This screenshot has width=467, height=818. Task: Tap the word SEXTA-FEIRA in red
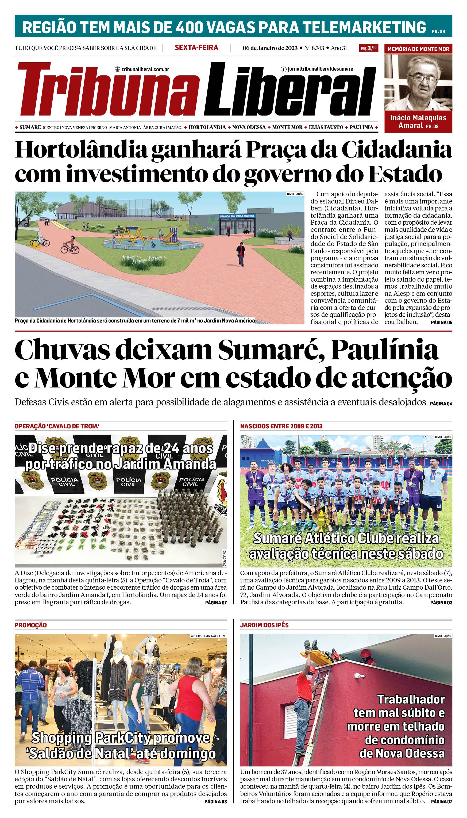pos(196,48)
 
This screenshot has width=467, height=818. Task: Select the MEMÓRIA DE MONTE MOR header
pos(418,49)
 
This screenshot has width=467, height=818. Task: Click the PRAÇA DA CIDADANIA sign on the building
pos(237,216)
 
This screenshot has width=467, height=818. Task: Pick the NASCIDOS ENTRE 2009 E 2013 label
pos(281,426)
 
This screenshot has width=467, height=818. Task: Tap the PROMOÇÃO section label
pos(31,625)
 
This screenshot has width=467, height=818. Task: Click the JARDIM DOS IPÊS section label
pos(264,625)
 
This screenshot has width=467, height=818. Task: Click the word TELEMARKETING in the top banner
pos(364,27)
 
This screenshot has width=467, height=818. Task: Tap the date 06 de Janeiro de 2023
pos(270,48)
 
